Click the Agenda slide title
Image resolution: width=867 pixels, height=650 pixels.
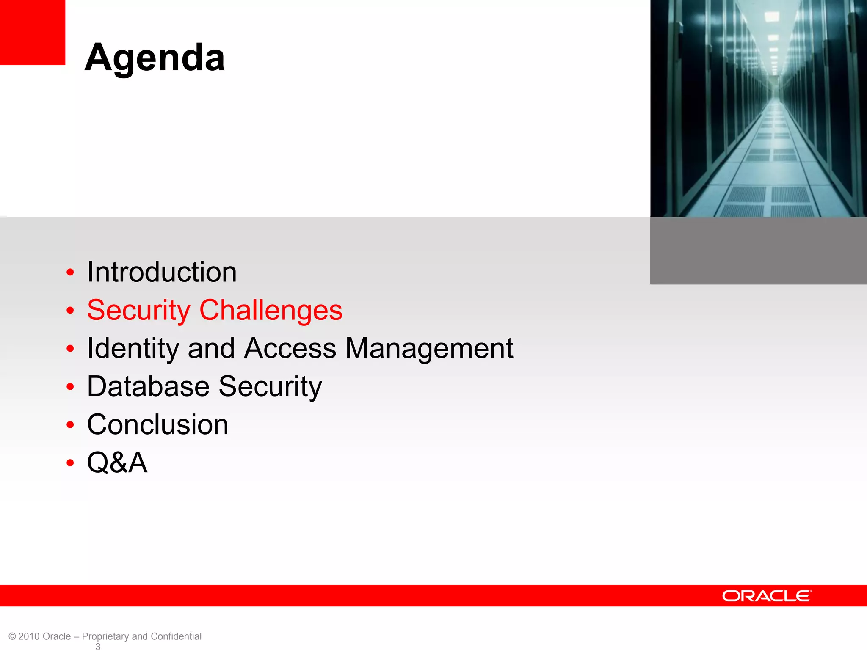point(155,58)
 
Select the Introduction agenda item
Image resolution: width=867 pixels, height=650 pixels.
point(162,272)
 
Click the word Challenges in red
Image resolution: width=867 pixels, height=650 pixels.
point(271,310)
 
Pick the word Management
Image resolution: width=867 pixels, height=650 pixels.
point(429,348)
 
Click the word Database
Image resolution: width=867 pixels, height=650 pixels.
point(148,386)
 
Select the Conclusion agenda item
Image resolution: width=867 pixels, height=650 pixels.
point(157,424)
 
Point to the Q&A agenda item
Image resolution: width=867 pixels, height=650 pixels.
point(117,462)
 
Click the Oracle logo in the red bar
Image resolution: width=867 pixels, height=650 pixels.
point(767,596)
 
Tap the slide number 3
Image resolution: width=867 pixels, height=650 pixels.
point(98,646)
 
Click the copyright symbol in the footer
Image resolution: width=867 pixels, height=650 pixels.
point(12,636)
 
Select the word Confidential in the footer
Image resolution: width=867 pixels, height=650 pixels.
point(176,636)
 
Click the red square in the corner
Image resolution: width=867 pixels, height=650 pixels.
point(32,32)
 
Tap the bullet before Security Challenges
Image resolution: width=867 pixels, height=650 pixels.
point(70,311)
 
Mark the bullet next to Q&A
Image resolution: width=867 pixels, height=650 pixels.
point(70,463)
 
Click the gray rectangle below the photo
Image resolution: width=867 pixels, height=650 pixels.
point(758,251)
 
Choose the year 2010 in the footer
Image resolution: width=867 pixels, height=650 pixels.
point(29,636)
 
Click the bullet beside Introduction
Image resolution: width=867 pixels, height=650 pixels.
point(70,273)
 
